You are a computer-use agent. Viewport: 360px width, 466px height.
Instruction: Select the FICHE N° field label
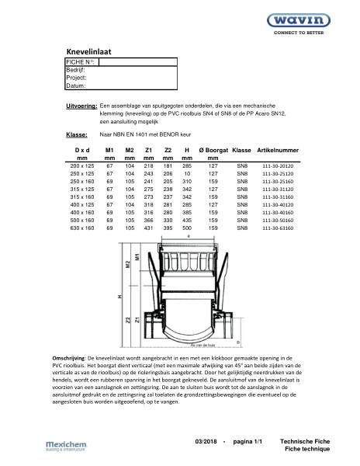tap(81, 61)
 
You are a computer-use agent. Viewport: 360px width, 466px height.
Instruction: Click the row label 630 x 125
tap(81, 230)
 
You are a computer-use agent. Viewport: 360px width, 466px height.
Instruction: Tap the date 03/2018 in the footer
tap(206, 441)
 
